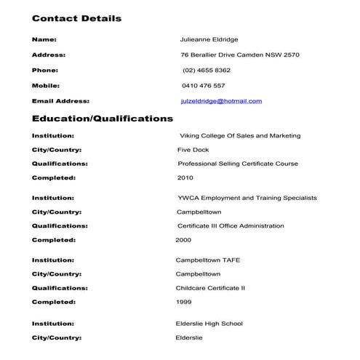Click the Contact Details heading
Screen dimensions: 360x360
click(76, 18)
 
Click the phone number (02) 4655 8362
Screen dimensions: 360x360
click(207, 71)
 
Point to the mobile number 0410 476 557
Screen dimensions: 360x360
click(203, 86)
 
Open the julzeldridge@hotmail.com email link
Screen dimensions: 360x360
click(221, 101)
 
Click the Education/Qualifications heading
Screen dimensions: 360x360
click(103, 118)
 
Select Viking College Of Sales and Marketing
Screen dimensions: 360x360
click(239, 136)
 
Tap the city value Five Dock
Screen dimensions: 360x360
click(193, 150)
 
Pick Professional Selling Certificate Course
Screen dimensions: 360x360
click(238, 164)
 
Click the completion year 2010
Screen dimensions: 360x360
click(185, 178)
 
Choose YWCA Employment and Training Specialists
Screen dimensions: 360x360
click(247, 198)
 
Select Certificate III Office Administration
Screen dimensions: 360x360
click(231, 226)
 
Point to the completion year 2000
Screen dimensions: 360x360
click(183, 240)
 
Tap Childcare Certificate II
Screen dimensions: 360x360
click(211, 288)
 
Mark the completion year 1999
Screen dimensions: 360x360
click(184, 302)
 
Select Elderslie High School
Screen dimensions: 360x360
click(209, 324)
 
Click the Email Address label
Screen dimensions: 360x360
click(60, 101)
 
